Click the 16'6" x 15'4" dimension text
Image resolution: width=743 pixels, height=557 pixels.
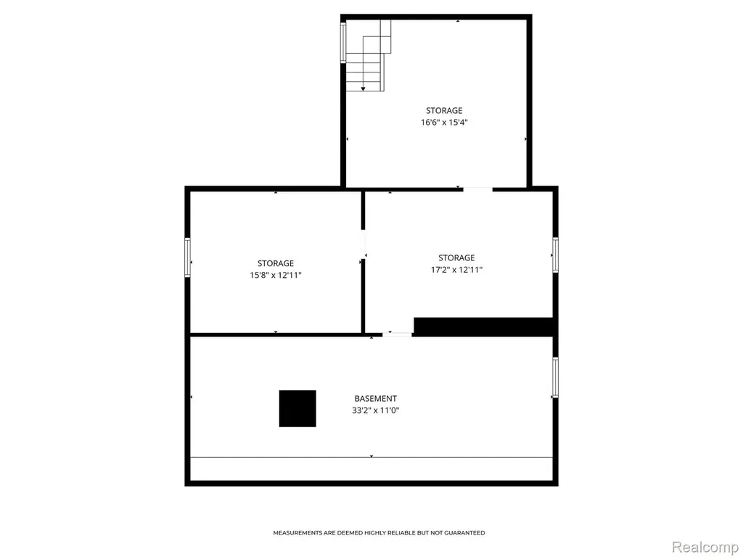444,123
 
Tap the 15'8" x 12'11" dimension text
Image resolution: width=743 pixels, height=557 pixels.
276,275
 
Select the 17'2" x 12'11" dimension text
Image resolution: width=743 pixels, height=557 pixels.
456,270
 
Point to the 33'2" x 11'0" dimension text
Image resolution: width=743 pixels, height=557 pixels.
375,410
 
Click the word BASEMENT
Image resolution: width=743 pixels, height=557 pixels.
375,399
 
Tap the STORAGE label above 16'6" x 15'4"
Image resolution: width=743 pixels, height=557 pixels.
444,111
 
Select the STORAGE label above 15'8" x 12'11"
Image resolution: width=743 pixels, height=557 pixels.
276,263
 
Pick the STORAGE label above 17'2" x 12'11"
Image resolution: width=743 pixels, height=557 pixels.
456,258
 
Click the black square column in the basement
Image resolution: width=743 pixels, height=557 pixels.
297,409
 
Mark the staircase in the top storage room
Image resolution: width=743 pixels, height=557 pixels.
369,55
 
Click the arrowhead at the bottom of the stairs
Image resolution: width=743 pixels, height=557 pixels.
363,89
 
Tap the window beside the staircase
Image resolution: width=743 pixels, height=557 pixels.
343,43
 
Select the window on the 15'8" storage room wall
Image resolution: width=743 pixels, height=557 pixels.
188,257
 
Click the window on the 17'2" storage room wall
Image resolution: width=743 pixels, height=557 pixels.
555,255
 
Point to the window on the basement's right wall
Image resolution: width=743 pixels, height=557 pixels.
555,377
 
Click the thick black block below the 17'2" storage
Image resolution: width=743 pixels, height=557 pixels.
483,327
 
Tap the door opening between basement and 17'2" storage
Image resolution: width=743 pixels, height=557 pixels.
397,334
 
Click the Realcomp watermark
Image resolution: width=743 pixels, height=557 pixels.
705,547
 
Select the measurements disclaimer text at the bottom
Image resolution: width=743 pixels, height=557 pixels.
379,533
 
